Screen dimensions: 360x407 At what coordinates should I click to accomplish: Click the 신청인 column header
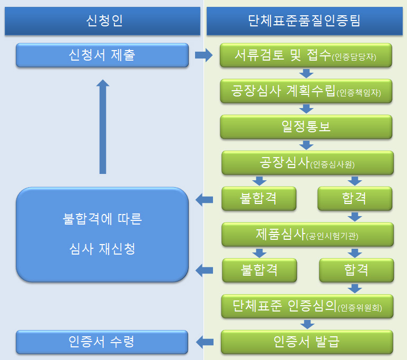click(102, 21)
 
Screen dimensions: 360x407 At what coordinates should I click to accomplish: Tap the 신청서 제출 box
click(102, 55)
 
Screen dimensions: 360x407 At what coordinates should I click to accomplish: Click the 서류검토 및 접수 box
click(306, 55)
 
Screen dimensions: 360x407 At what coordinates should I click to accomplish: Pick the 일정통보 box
click(306, 127)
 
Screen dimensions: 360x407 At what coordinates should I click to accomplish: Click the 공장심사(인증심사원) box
click(307, 163)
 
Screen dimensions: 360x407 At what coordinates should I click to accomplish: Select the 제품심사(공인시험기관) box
click(307, 234)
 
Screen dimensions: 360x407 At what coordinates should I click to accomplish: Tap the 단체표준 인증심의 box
click(307, 306)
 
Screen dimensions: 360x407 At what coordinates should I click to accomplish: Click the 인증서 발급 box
click(307, 342)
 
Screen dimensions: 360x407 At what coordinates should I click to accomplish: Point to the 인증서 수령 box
click(102, 342)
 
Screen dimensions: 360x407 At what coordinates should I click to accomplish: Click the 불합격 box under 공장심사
click(259, 199)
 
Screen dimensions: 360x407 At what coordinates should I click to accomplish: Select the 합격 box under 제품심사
click(356, 270)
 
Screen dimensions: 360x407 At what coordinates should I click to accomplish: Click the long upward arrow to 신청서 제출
click(103, 127)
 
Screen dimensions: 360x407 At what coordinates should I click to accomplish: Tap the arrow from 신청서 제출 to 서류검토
click(203, 55)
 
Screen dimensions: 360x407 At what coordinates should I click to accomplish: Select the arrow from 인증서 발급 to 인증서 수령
click(205, 342)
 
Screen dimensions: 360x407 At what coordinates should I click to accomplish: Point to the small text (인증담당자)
click(362, 57)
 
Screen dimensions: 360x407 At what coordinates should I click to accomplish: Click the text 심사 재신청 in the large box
click(102, 248)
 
